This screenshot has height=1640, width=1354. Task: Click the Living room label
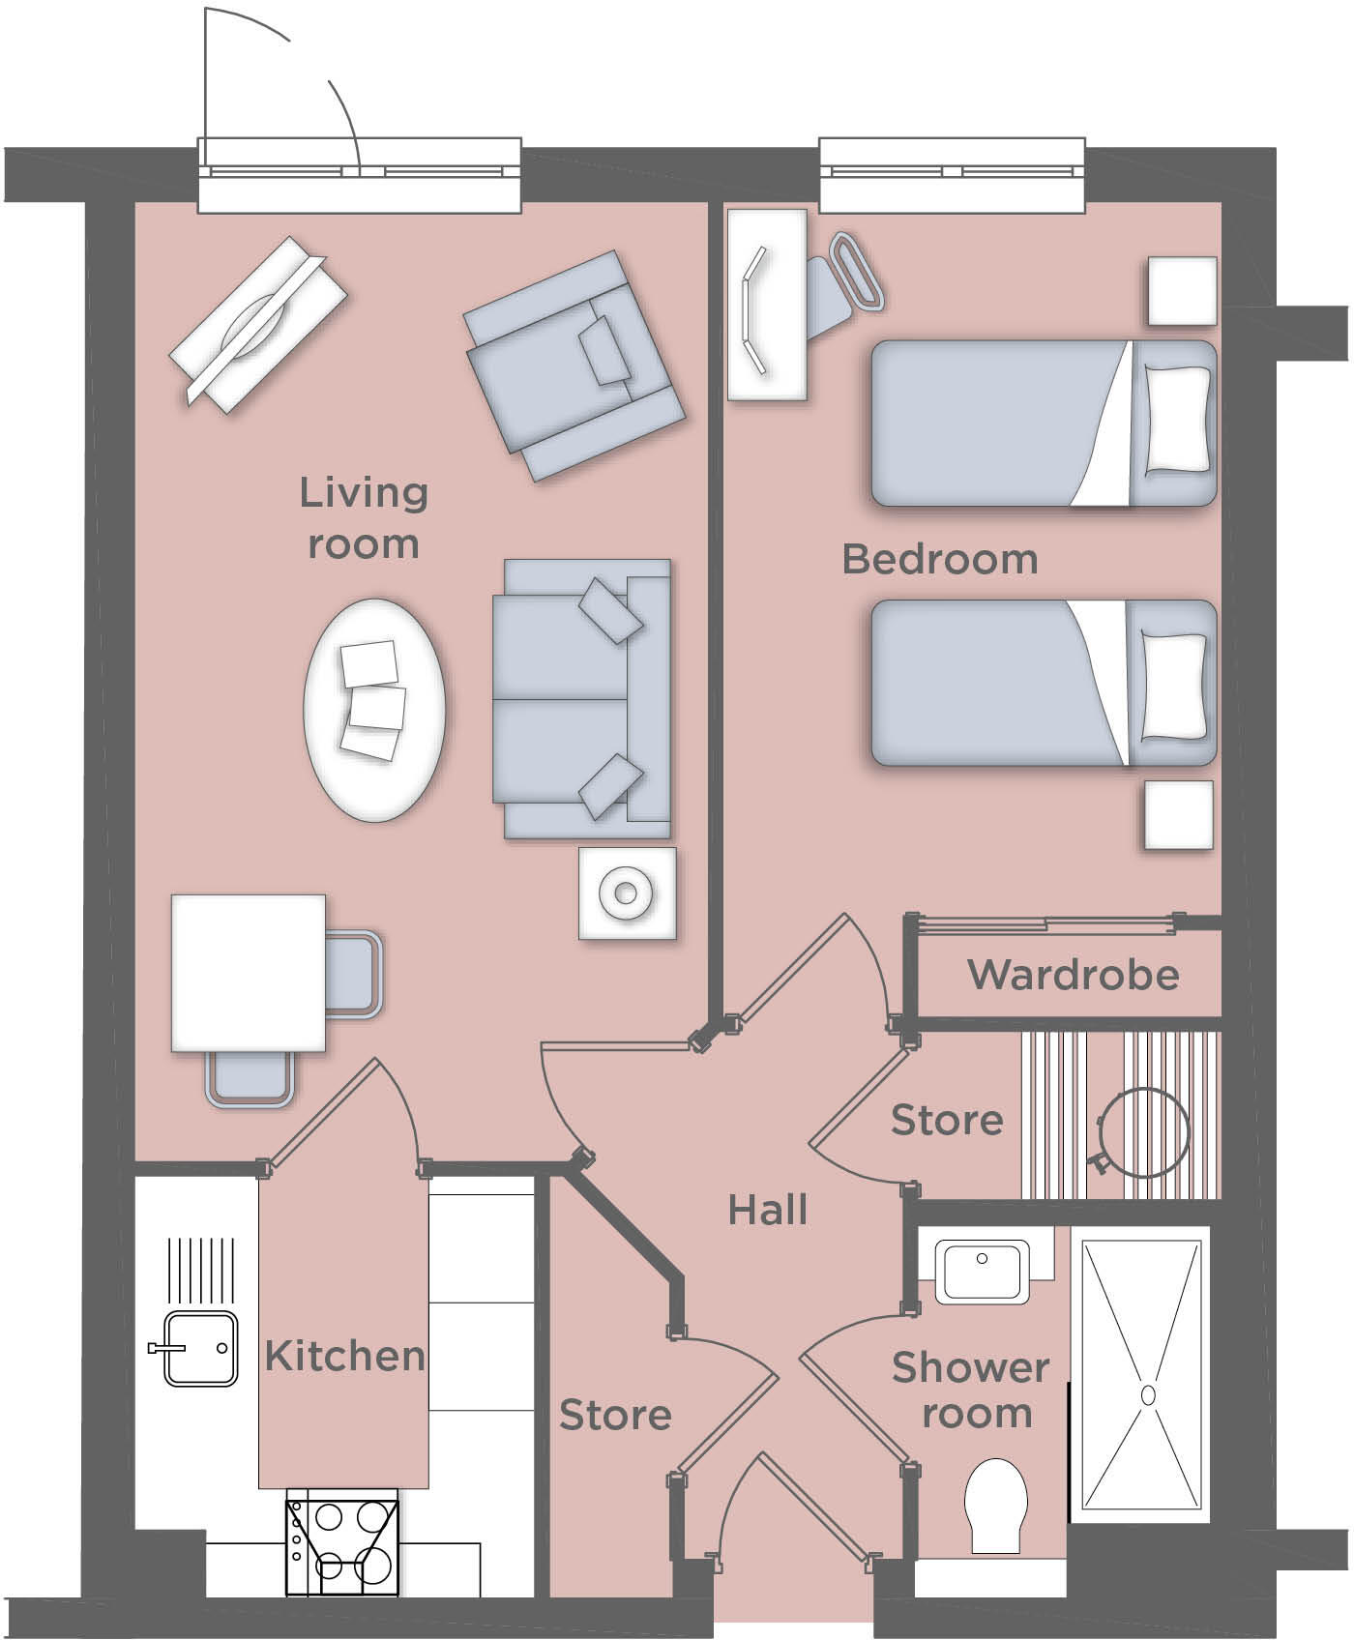(363, 518)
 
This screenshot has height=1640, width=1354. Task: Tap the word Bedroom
(940, 559)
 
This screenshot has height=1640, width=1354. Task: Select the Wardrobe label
(1073, 975)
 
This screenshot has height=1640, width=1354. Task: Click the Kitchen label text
(344, 1356)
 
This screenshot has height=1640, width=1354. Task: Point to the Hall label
(768, 1210)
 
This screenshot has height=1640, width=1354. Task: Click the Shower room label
(971, 1391)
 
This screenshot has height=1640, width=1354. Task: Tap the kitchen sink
(200, 1348)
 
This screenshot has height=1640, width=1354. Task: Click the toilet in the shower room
(995, 1505)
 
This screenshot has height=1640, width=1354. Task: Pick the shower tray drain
(1148, 1394)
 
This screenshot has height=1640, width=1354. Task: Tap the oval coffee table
(374, 711)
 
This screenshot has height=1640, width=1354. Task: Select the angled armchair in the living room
(574, 366)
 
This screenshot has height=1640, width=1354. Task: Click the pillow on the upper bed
(1177, 420)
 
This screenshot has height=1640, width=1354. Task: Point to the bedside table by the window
(1182, 291)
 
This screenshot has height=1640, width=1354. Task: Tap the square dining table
(249, 972)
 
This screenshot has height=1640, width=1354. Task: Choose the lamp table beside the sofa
(627, 893)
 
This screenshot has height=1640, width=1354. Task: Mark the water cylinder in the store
(1144, 1131)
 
